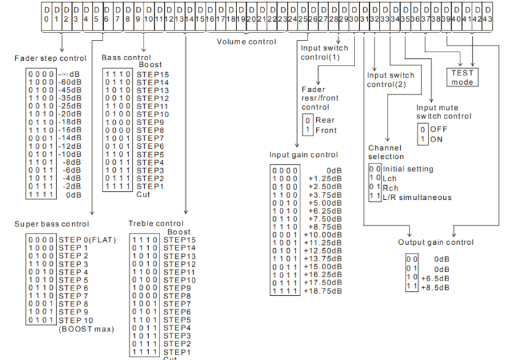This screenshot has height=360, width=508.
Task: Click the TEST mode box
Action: pos(463,77)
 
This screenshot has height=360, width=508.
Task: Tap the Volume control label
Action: pos(247,42)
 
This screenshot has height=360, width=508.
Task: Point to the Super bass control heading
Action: pos(51,224)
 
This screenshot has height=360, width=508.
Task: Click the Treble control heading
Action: pos(156,224)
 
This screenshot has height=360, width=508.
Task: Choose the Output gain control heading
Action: pos(435,242)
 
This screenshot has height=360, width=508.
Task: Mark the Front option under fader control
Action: pos(325,130)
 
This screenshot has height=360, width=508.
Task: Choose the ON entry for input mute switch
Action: pos(435,141)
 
